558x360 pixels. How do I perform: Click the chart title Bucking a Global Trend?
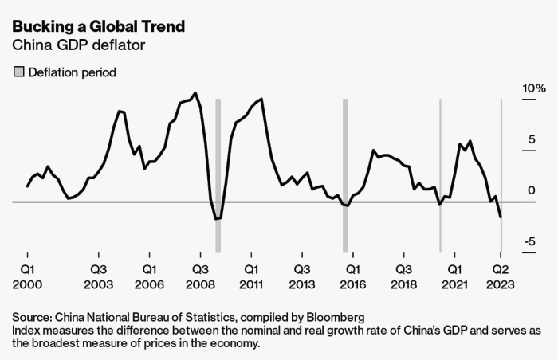click(x=99, y=27)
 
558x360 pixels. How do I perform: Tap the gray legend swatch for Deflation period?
click(x=18, y=72)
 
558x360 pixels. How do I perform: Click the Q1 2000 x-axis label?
click(x=27, y=276)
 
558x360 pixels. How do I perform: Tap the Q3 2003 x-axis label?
click(x=98, y=276)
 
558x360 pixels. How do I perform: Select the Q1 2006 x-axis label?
click(x=149, y=276)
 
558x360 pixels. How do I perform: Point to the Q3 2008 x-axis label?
click(x=200, y=276)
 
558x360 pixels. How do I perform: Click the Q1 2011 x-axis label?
click(x=251, y=276)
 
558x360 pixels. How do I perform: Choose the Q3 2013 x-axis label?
click(x=302, y=276)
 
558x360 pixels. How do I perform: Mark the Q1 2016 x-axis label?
click(x=353, y=276)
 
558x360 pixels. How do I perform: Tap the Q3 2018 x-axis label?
click(x=404, y=276)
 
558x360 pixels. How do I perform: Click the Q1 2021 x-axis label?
click(x=455, y=276)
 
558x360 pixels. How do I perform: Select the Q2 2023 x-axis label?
click(x=501, y=276)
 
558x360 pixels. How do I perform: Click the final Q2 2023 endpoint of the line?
click(x=501, y=217)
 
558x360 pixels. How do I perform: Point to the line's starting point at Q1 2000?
click(x=27, y=186)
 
